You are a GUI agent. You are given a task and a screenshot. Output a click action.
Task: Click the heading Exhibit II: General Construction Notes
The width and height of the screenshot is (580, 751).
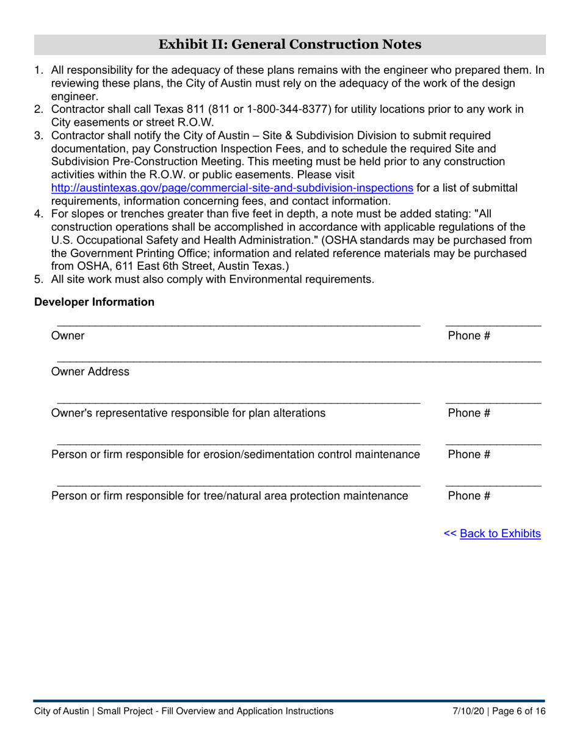coord(289,45)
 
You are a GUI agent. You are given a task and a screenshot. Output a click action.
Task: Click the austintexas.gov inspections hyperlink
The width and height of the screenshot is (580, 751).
coord(231,188)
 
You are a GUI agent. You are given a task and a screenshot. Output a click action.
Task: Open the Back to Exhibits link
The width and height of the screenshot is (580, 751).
coord(499,534)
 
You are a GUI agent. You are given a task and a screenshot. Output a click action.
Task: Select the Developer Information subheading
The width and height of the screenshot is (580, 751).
coord(94,302)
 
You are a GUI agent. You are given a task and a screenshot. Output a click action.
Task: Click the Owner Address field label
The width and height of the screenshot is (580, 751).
coord(90,372)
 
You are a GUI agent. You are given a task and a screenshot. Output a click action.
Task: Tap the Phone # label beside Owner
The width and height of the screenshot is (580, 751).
coord(469,335)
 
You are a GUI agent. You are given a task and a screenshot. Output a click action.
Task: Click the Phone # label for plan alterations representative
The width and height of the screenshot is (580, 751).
coord(469,413)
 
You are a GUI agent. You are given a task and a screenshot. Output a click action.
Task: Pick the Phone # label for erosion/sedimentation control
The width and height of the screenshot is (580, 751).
coord(469,455)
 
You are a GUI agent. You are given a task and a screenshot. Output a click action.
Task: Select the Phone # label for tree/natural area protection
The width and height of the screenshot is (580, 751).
coord(469,496)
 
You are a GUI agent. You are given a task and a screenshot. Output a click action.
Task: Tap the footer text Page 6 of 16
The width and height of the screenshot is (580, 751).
coord(518,711)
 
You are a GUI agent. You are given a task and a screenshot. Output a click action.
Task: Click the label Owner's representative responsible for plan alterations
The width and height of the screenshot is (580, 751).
coord(188,413)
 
